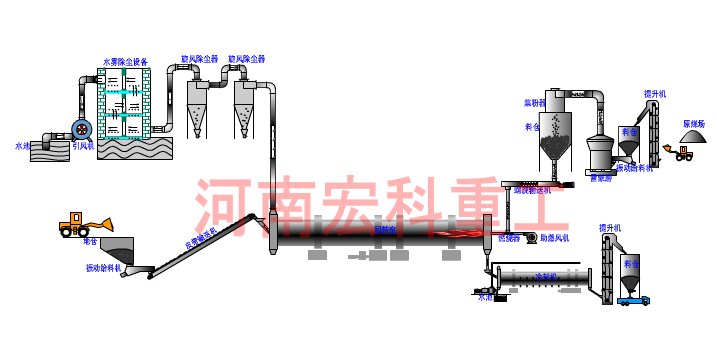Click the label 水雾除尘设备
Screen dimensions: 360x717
125,62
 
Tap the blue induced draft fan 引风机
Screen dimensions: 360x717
80,129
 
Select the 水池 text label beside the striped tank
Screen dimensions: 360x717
22,145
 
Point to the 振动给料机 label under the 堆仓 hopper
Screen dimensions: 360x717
102,268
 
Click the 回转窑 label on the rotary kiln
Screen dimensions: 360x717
386,230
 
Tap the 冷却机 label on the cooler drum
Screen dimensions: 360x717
544,276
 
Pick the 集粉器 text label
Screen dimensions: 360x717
534,103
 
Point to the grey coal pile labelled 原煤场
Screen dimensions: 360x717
693,138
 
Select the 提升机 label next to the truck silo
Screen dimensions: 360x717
609,227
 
